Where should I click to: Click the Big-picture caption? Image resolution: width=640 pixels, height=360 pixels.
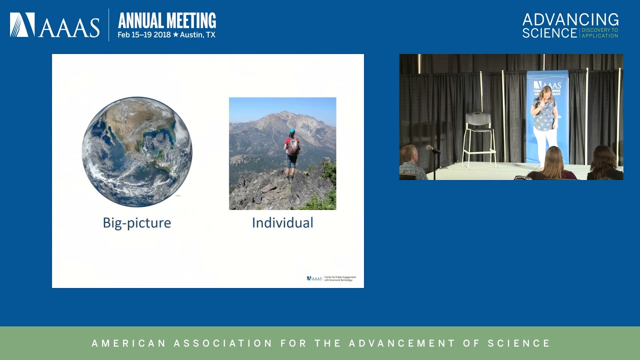coord(136,223)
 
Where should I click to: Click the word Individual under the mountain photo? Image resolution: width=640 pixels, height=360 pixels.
coord(282,223)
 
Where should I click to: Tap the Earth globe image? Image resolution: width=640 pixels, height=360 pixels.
coord(136,151)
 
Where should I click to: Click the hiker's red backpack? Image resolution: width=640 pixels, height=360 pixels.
coord(293,147)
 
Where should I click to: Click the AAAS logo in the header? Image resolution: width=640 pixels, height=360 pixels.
coord(54,25)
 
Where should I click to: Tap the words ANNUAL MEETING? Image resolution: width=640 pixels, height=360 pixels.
coord(167,20)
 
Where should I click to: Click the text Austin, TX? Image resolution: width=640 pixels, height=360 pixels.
coord(197,35)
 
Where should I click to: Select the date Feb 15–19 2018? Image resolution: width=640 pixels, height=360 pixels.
coord(144,35)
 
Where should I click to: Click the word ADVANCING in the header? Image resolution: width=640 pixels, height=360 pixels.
coord(570,19)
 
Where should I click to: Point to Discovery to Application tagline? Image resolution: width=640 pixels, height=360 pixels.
coord(600,33)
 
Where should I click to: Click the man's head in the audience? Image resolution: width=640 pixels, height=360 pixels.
coord(409,153)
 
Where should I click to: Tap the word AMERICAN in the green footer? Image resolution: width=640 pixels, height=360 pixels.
coord(128,343)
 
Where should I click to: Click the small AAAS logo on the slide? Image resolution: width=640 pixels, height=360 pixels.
coord(314,278)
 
